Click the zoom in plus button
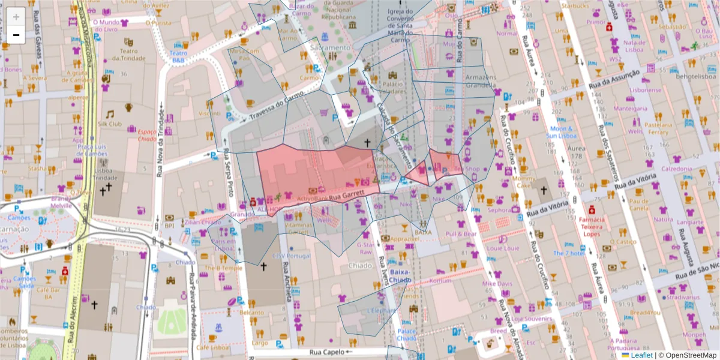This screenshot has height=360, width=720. (16, 16)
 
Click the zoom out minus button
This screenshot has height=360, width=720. (16, 35)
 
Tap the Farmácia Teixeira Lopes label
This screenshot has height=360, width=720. (591, 226)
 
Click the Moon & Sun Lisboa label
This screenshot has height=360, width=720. (562, 132)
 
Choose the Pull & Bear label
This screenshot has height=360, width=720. (461, 234)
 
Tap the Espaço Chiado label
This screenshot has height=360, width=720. (147, 134)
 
